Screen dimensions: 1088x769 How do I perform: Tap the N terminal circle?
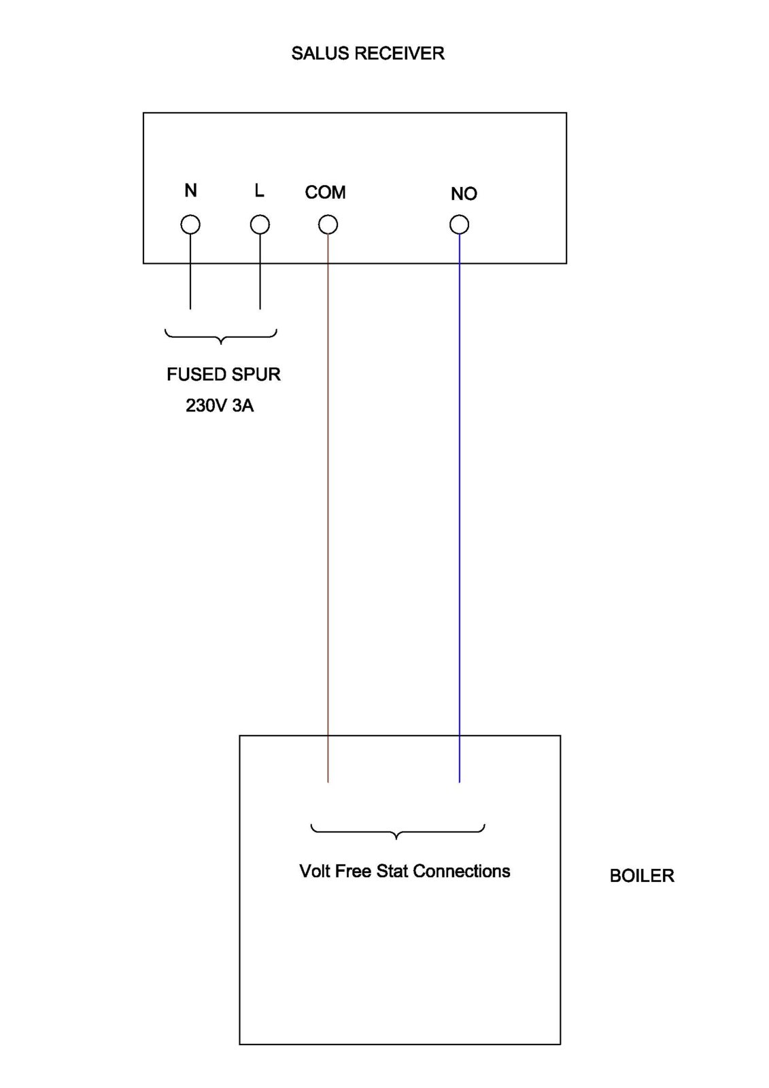pos(190,224)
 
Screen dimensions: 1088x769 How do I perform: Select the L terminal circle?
pos(260,224)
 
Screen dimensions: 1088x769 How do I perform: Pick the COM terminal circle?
pos(328,224)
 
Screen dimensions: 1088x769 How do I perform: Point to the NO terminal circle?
pos(460,224)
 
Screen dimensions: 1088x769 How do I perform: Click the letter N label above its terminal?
pos(190,191)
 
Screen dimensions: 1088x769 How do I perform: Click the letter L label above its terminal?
pos(259,191)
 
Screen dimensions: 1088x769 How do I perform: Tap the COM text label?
pos(325,193)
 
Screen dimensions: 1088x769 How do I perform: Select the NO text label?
pos(464,194)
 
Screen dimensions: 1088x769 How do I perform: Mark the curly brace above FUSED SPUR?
pos(221,336)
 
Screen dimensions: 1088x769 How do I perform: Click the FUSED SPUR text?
pos(223,375)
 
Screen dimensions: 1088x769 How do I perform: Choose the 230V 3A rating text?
pos(220,406)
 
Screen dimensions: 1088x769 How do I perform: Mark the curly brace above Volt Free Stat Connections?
pos(397,832)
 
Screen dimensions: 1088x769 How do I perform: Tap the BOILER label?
pos(641,876)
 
